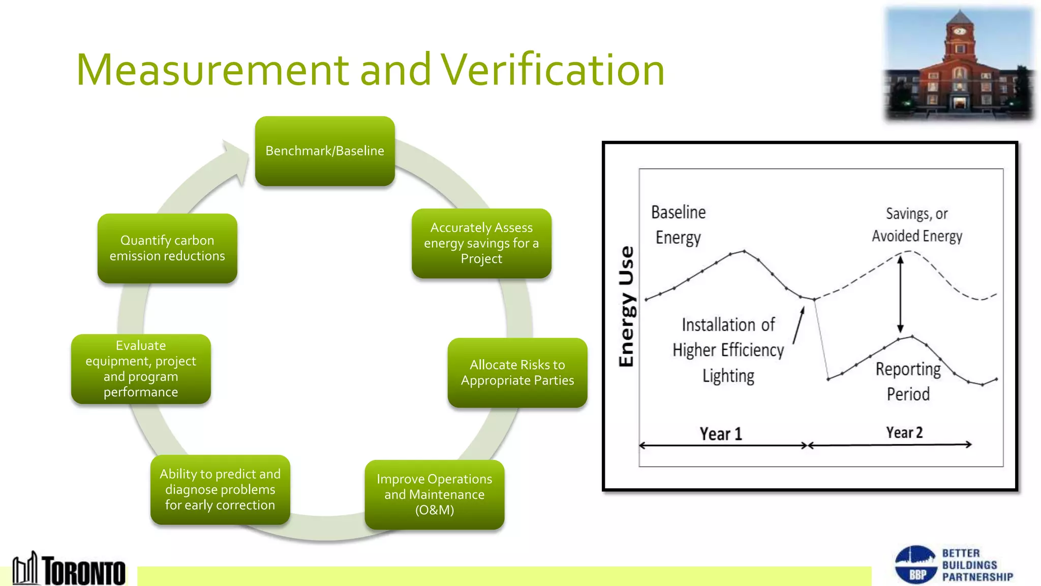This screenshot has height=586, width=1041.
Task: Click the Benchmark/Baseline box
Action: pyautogui.click(x=325, y=151)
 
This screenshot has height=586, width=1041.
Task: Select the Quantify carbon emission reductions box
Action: pyautogui.click(x=167, y=248)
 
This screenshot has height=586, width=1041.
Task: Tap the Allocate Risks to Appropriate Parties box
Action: pyautogui.click(x=517, y=373)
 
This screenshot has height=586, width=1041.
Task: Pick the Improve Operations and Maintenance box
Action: pyautogui.click(x=435, y=494)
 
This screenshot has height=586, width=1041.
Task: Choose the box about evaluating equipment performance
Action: pyautogui.click(x=141, y=369)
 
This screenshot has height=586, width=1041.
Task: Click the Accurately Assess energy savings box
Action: pyautogui.click(x=481, y=243)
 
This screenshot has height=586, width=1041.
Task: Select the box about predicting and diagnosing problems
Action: pyautogui.click(x=220, y=489)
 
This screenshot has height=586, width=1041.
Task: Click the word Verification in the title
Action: pyautogui.click(x=553, y=70)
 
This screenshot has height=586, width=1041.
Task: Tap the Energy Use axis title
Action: pyautogui.click(x=627, y=306)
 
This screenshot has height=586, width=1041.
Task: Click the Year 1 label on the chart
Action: pyautogui.click(x=721, y=434)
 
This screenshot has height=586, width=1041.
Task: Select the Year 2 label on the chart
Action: pyautogui.click(x=904, y=432)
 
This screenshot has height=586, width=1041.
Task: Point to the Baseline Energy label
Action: pyautogui.click(x=678, y=225)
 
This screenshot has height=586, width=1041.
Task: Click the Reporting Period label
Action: pyautogui.click(x=908, y=382)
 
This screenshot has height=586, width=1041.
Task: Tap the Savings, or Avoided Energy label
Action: pyautogui.click(x=917, y=225)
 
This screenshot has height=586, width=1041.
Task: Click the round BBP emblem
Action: pyautogui.click(x=915, y=565)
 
